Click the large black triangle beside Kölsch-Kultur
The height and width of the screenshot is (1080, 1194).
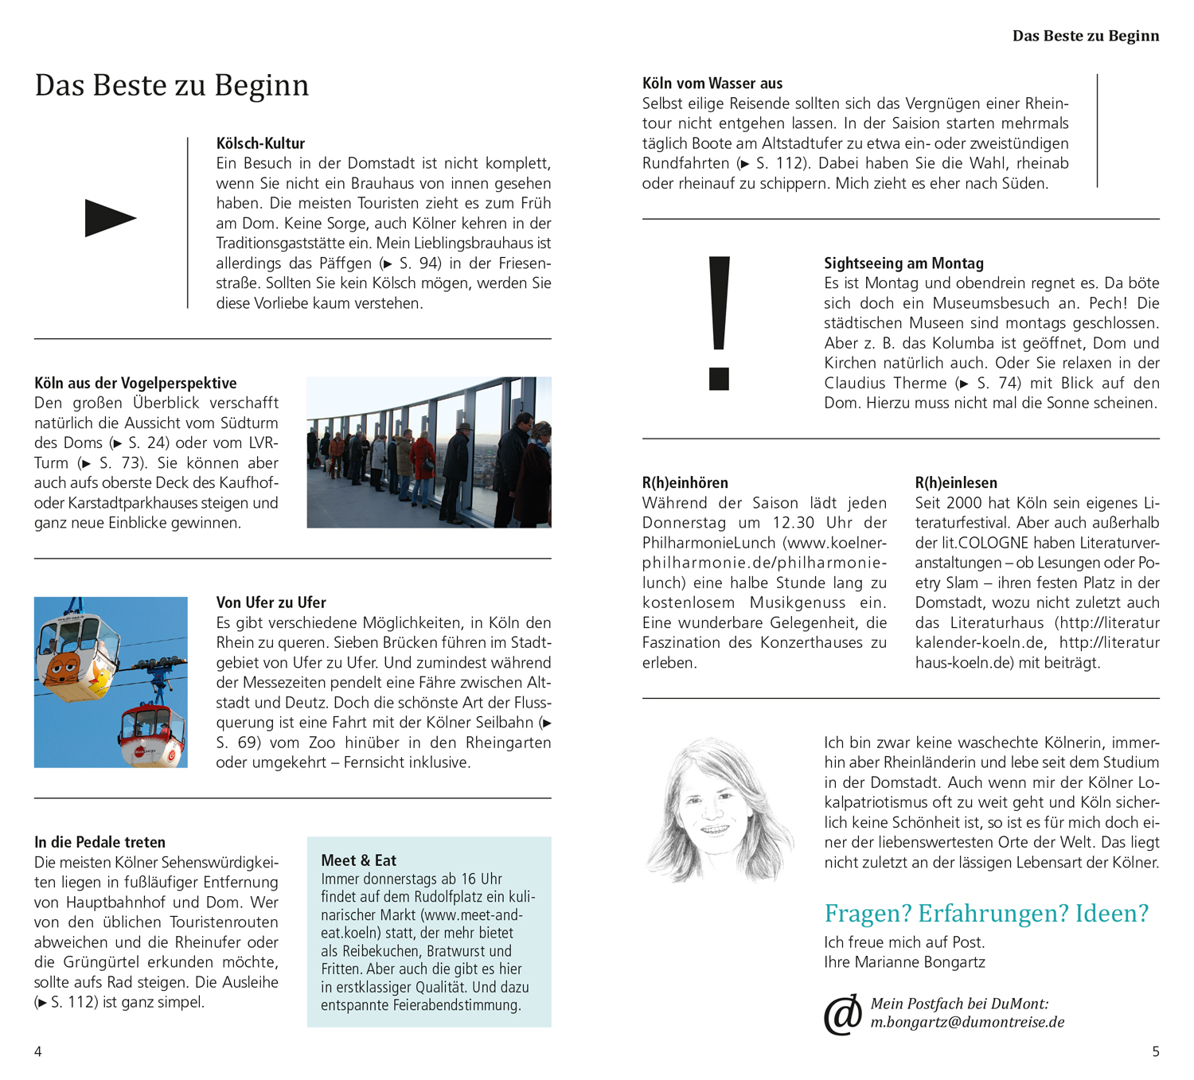pyautogui.click(x=109, y=218)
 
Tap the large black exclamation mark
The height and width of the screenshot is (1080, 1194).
pyautogui.click(x=719, y=322)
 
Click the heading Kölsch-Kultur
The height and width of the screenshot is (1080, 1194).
pyautogui.click(x=260, y=143)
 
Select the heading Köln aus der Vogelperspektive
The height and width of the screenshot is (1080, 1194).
pyautogui.click(x=135, y=383)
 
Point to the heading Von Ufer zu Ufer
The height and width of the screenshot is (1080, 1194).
pyautogui.click(x=271, y=602)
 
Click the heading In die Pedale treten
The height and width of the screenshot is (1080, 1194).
pyautogui.click(x=99, y=842)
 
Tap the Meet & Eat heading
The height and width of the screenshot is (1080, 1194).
pyautogui.click(x=358, y=860)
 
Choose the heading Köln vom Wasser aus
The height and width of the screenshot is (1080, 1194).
pyautogui.click(x=712, y=84)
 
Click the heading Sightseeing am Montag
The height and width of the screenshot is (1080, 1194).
pyautogui.click(x=903, y=263)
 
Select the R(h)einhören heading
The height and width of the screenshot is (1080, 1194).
pyautogui.click(x=685, y=483)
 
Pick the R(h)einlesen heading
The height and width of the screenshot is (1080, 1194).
pyautogui.click(x=955, y=483)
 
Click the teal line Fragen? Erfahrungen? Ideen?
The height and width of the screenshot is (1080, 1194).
pyautogui.click(x=986, y=913)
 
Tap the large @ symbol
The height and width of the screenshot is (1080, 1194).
pyautogui.click(x=842, y=1014)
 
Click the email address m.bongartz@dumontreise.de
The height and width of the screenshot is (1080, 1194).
pyautogui.click(x=967, y=1023)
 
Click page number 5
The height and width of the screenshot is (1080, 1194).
pyautogui.click(x=1156, y=1051)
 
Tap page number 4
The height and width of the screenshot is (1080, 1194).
pyautogui.click(x=37, y=1051)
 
